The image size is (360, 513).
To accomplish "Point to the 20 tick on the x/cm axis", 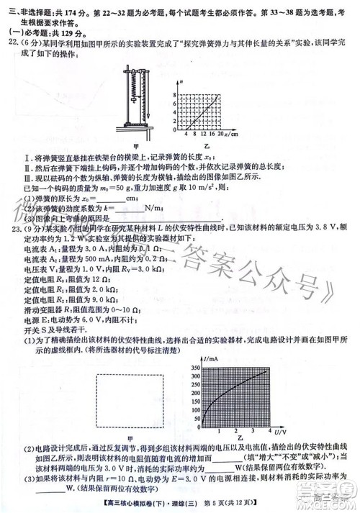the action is (x=220, y=135).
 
